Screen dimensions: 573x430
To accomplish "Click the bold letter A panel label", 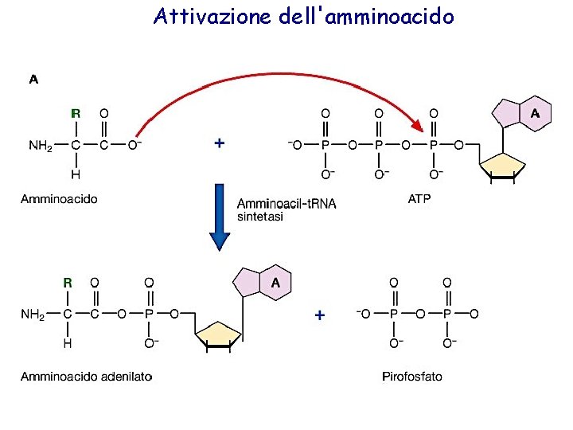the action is pos(33,80).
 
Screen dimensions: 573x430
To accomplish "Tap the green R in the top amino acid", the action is pos(76,114).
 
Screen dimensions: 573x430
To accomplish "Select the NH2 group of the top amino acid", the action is pos(40,146).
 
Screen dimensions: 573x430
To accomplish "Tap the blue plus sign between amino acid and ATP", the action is pos(220,143).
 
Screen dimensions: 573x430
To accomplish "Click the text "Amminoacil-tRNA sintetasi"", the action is pos(286,209).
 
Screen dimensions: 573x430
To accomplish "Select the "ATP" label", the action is pos(419,199).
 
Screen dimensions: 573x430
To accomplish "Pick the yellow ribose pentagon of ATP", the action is pos(502,166).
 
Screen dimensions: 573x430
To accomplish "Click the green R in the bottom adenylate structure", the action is pos(68,283).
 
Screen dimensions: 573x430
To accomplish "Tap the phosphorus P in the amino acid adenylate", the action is pos(149,315).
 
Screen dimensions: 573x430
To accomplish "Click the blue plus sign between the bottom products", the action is pos(320,315).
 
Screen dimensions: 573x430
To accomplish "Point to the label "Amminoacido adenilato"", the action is pos(86,377).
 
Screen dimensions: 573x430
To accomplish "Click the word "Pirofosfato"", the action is pos(412,377).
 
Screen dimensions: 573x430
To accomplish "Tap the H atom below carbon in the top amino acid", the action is pos(76,175).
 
